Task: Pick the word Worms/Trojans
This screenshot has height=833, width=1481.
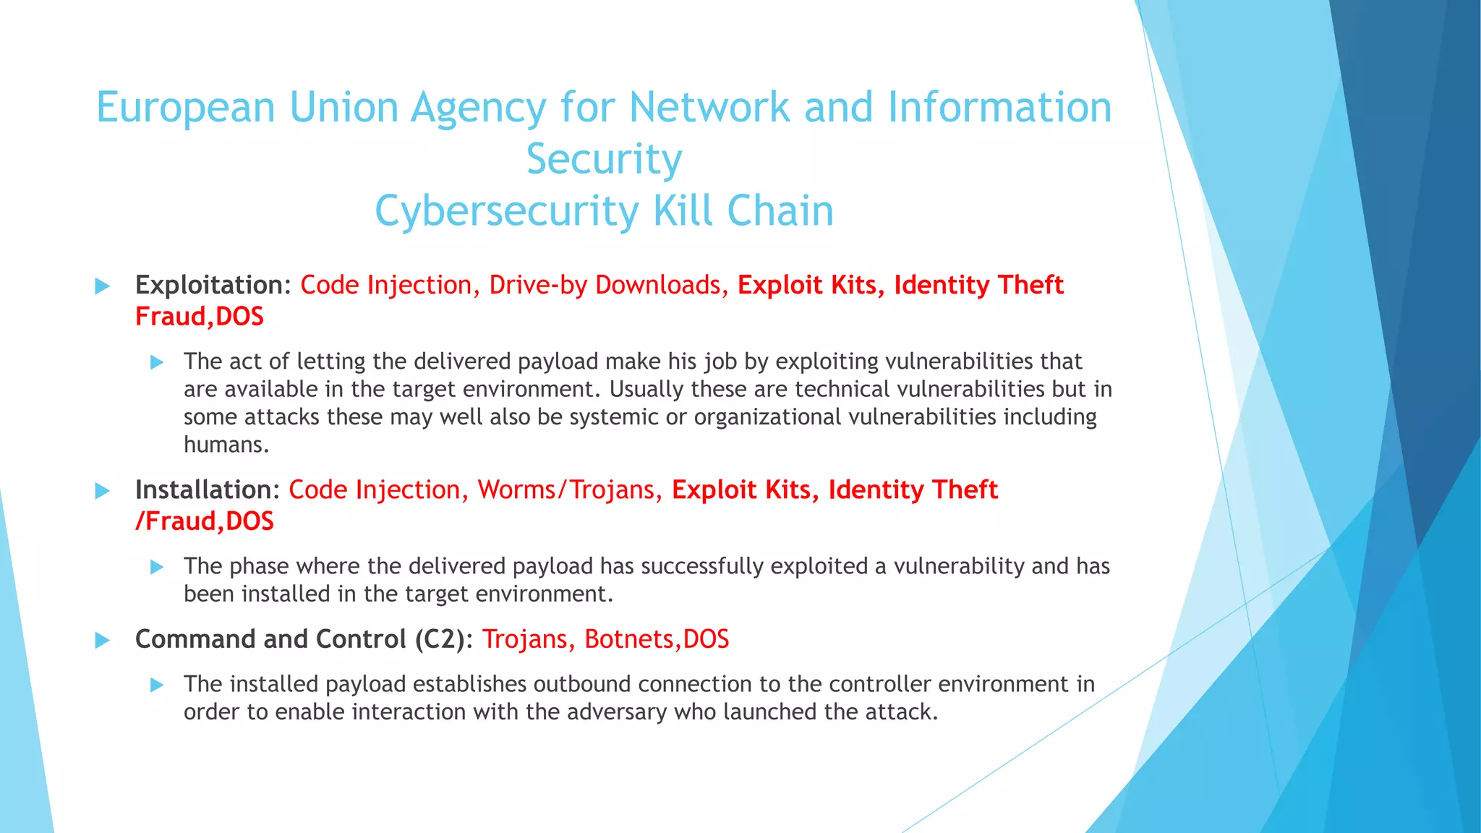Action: pos(565,490)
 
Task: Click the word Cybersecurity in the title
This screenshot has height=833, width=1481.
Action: pos(506,211)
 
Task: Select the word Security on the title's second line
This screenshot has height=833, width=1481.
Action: pos(604,159)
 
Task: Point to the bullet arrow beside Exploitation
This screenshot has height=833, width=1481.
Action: pos(103,286)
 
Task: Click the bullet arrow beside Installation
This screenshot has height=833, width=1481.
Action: pos(103,492)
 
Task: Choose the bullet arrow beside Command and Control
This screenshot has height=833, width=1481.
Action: pos(103,641)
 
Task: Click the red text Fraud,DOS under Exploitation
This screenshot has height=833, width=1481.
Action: pos(200,317)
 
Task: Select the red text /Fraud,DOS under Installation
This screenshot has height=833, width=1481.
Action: pos(205,521)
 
